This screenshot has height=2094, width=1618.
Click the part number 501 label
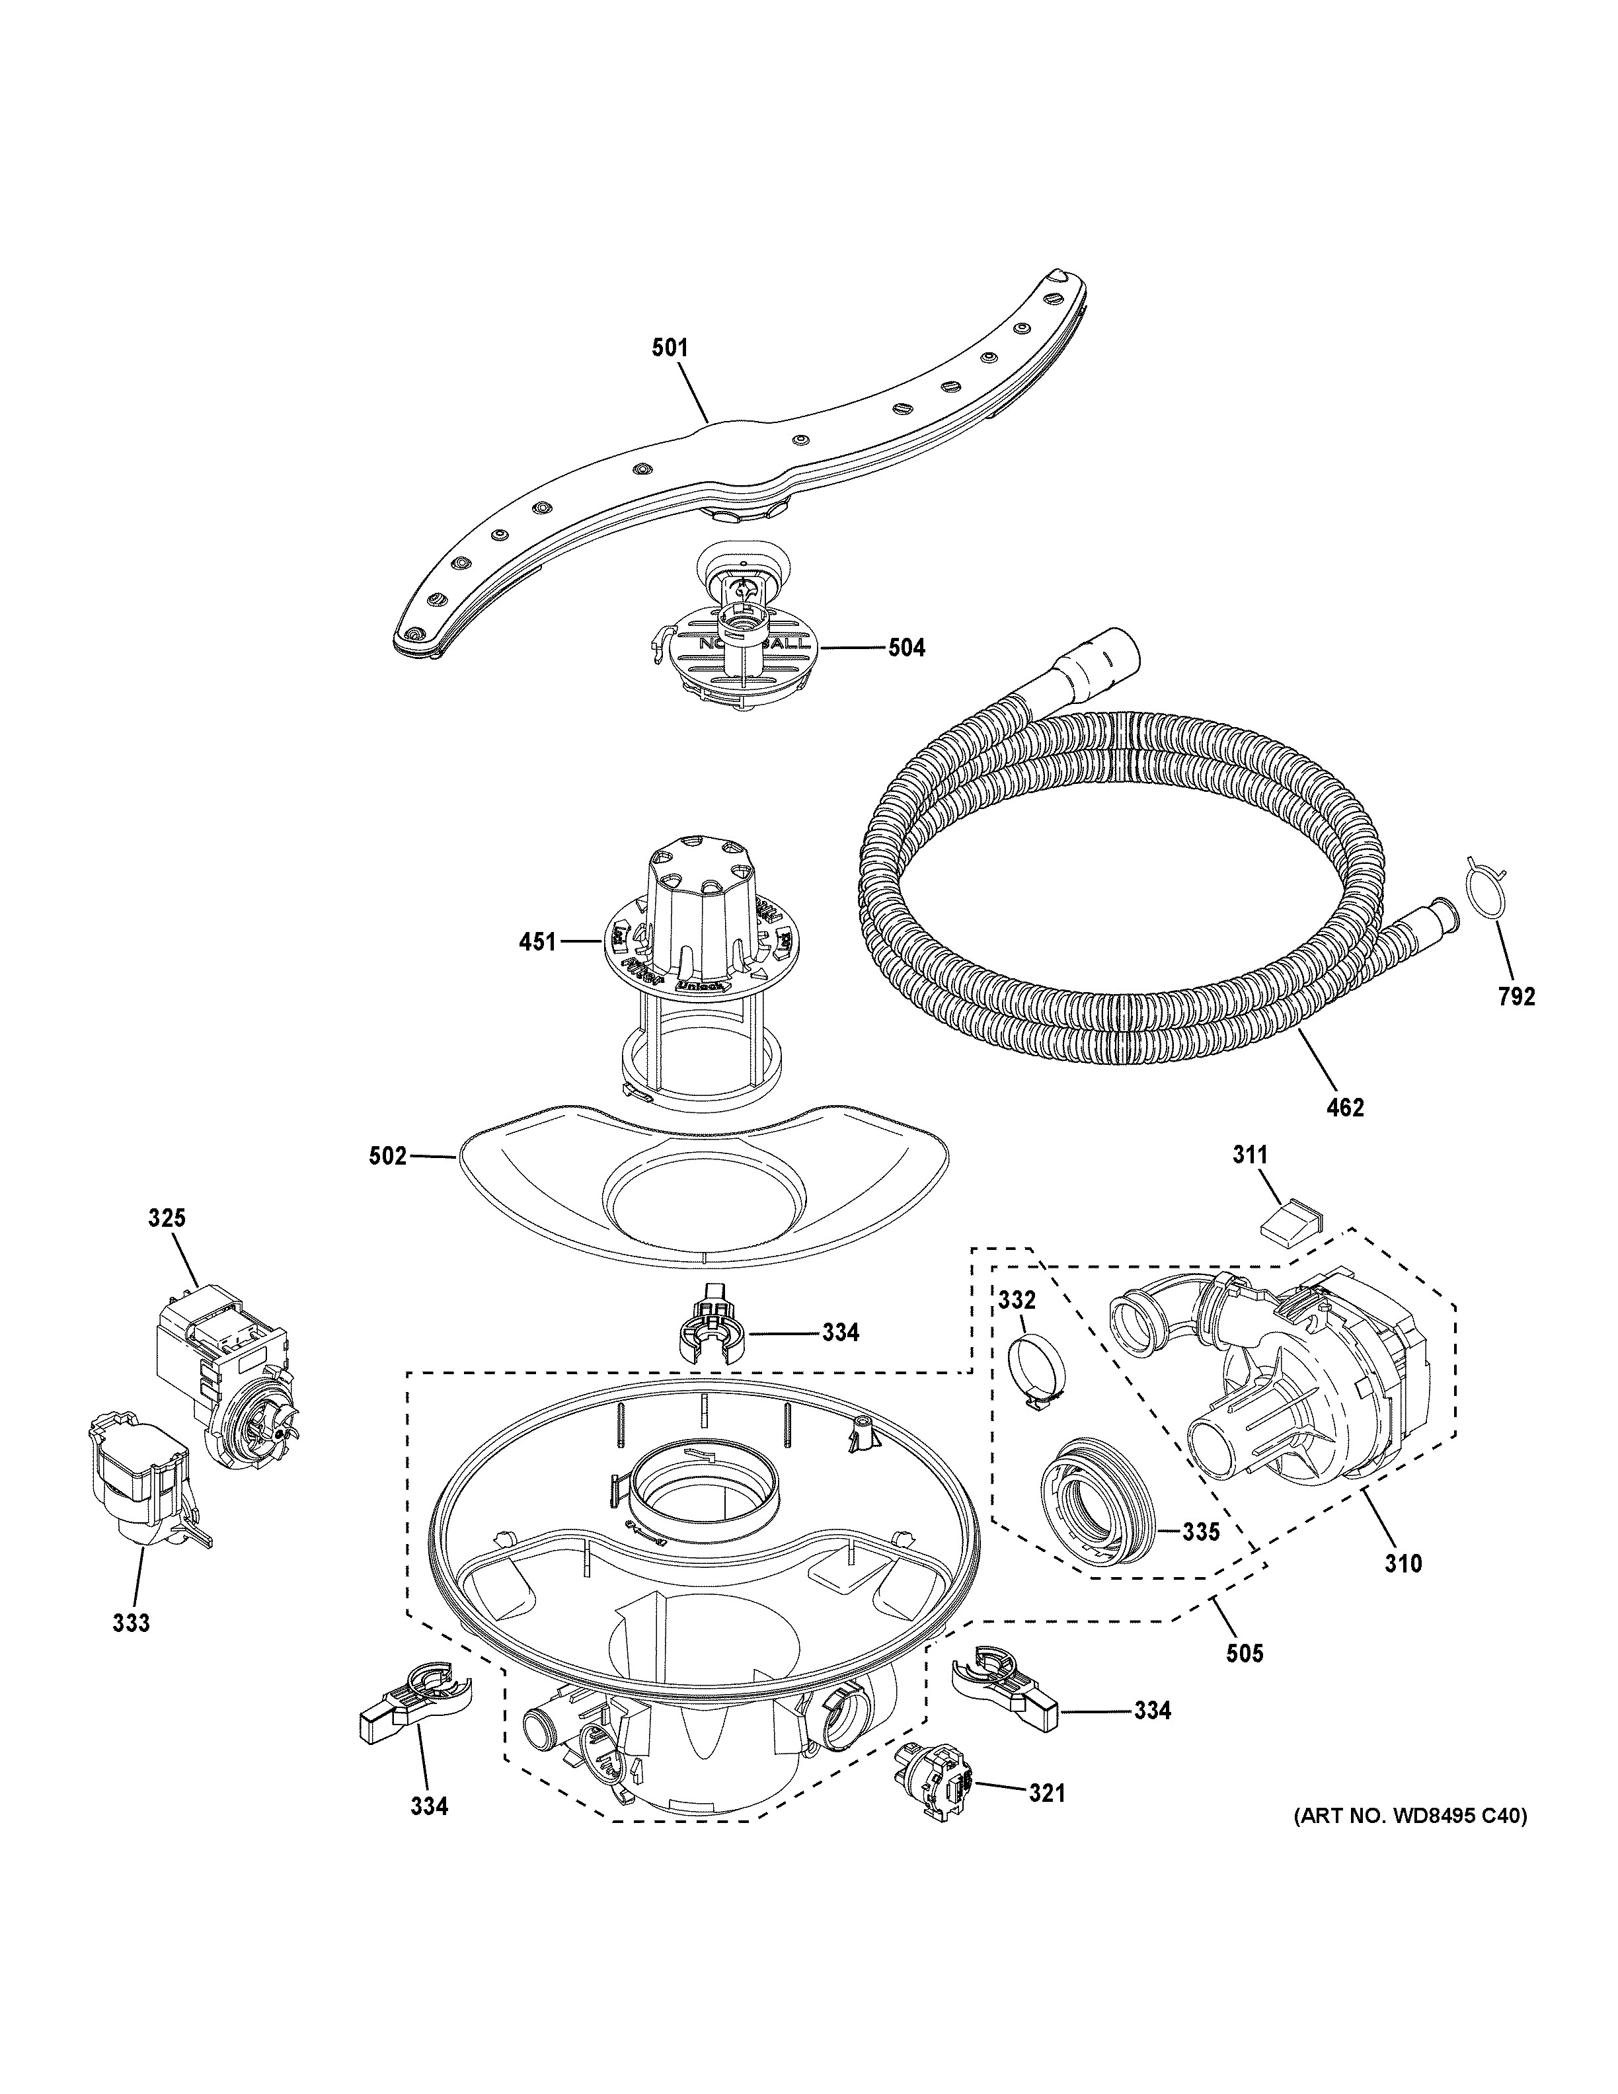[670, 348]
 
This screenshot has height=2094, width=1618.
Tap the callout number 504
[905, 648]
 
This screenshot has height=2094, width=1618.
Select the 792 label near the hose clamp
[1516, 997]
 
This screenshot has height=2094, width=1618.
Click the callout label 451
[538, 943]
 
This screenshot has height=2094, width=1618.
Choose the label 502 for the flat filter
[388, 1157]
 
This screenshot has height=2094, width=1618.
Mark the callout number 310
[1403, 1564]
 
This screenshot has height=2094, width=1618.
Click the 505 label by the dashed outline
[1244, 1653]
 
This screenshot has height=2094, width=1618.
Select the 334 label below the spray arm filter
[839, 1333]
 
